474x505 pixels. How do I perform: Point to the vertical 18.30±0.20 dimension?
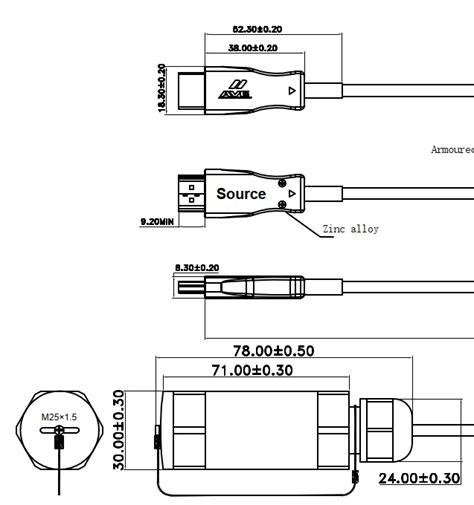[x=162, y=89]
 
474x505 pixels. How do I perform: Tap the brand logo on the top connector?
[x=234, y=90]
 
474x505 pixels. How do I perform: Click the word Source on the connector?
[x=241, y=194]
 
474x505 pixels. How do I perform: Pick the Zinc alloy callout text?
[x=350, y=229]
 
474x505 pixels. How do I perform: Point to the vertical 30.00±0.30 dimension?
[x=120, y=430]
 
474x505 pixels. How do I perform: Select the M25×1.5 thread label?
[x=61, y=416]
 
